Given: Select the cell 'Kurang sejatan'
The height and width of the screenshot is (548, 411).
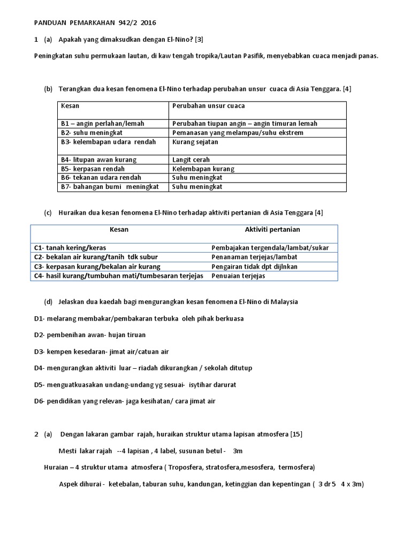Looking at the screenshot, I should [x=195, y=142].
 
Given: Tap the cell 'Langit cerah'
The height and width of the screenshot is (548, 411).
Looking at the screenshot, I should [x=191, y=159].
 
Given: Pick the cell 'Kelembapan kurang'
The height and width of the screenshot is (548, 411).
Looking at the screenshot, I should [x=203, y=169].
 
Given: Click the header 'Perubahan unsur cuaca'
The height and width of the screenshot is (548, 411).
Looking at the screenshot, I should [x=209, y=106].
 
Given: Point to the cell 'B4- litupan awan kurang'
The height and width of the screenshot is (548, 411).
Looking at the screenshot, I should [x=98, y=159].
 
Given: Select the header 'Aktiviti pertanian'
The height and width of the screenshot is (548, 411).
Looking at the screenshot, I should [x=272, y=230].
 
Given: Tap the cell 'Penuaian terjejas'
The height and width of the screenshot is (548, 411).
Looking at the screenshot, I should [x=238, y=276].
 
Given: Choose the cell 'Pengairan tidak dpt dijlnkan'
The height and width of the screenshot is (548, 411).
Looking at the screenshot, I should [x=255, y=267].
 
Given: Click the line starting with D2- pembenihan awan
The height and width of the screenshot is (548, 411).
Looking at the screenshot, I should [x=89, y=335].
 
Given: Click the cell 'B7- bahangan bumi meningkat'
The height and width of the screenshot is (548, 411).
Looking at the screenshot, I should [x=110, y=187].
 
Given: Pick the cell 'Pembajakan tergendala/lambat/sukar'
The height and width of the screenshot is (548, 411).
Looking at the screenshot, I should [x=270, y=248].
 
